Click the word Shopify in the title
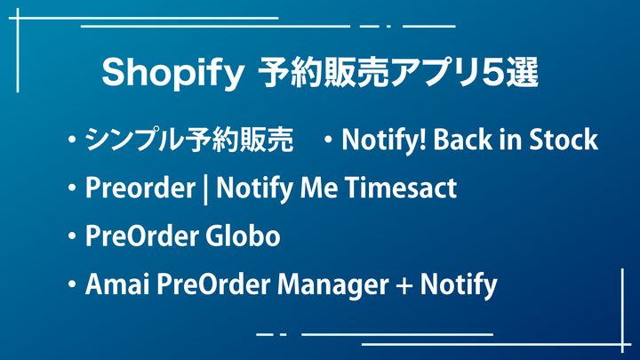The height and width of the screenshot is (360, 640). point(172,74)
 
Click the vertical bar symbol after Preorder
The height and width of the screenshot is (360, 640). point(205,189)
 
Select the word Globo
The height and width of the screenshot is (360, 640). point(243,236)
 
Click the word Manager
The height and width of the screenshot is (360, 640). point(332,285)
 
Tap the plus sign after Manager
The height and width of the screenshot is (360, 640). point(404,285)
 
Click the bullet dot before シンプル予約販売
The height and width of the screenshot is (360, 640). point(72,140)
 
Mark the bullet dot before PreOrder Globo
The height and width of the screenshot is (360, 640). point(72,236)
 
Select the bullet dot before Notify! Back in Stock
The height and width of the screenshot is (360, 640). point(328,140)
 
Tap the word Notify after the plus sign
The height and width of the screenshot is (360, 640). point(459,285)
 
